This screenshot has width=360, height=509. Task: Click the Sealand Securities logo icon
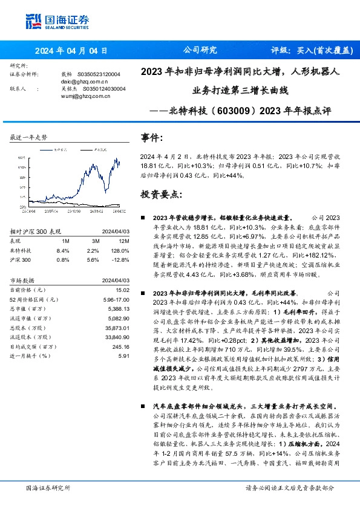click(x=33, y=20)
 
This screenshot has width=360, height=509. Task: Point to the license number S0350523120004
click(x=99, y=74)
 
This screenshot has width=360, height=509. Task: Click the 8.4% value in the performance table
click(x=62, y=250)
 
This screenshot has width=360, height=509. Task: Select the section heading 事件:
click(x=152, y=137)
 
